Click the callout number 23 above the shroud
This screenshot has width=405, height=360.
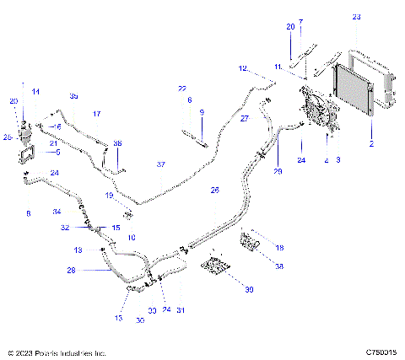point(357,17)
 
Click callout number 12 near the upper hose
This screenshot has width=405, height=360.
point(242,68)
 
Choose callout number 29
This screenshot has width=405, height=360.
point(278,171)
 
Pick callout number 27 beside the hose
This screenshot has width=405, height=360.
point(246,120)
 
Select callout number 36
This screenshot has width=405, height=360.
point(117,143)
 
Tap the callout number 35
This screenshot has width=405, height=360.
point(73,95)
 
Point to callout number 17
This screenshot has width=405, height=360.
point(97,113)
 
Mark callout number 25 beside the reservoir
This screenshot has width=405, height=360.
point(8,136)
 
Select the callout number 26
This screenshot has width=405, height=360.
point(214,190)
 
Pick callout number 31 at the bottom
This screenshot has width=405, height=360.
point(181,310)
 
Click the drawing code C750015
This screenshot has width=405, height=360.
point(382,352)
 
